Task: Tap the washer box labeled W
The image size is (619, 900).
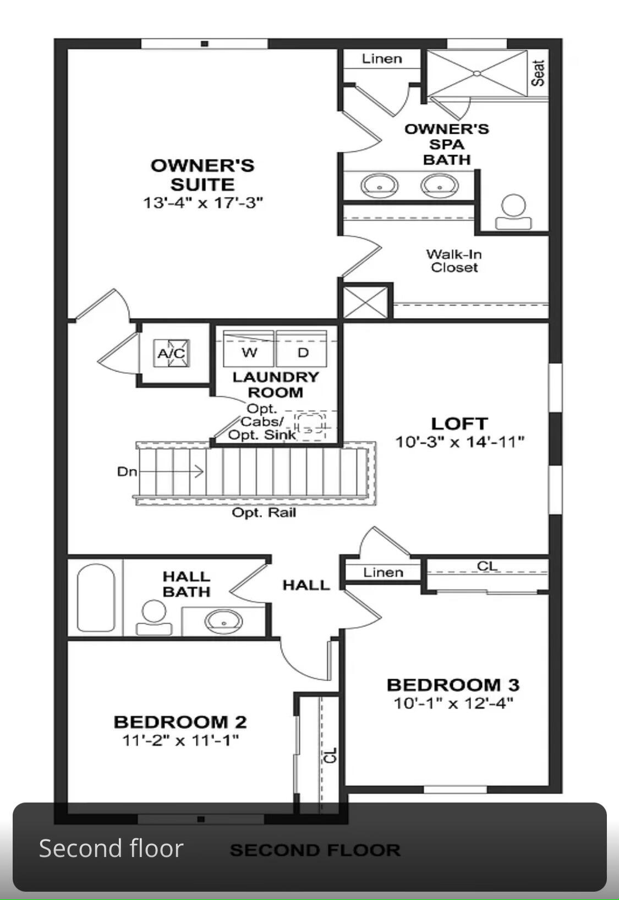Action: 249,351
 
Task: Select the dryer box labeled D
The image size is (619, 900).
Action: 303,351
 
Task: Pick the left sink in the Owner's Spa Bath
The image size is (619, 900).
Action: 380,185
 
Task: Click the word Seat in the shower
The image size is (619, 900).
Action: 538,73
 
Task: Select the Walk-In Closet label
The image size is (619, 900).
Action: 454,261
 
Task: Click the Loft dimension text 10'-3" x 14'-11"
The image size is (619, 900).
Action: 459,441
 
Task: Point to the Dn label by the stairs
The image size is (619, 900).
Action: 127,472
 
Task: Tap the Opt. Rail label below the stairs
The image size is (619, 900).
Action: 264,512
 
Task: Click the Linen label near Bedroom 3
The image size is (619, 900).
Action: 383,572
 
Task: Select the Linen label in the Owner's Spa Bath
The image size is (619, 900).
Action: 382,59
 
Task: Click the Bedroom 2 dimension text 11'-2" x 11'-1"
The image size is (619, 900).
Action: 180,740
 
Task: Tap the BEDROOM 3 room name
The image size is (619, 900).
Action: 453,685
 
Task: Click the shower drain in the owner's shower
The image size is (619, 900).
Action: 477,73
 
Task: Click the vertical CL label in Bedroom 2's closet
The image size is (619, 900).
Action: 330,755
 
